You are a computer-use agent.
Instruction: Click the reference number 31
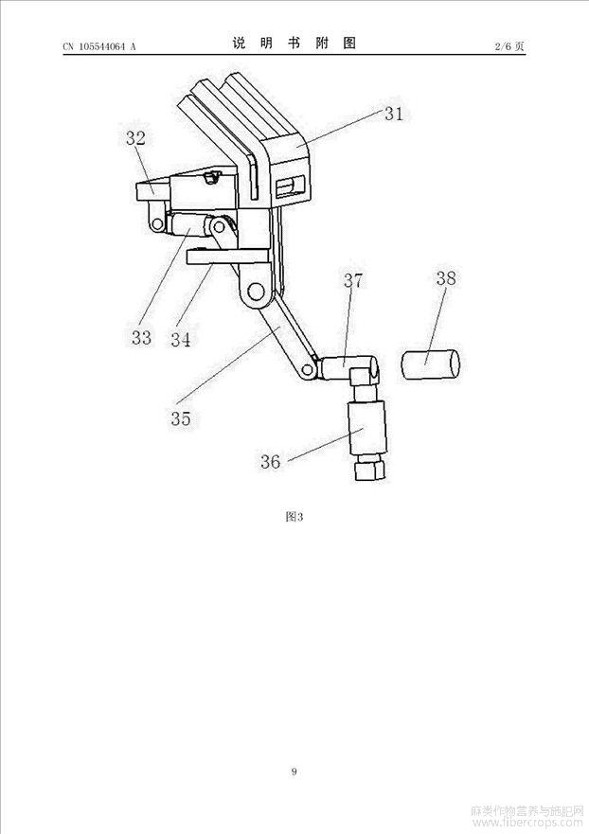tap(393, 114)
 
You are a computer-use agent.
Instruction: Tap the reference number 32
tap(135, 138)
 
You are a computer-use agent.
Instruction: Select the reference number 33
tap(141, 336)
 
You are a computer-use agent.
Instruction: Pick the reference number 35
tap(181, 418)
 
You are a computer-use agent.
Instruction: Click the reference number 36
tap(271, 461)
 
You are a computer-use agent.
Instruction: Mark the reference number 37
tap(353, 280)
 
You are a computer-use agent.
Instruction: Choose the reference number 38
tap(446, 278)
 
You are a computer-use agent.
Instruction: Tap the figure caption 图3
tap(294, 517)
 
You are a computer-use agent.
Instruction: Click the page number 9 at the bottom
tap(294, 772)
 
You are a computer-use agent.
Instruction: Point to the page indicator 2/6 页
tap(510, 45)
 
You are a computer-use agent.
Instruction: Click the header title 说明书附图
tap(294, 44)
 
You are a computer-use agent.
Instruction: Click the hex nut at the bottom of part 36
tap(368, 468)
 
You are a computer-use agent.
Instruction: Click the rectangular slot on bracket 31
tap(290, 186)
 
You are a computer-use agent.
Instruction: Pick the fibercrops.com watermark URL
tap(528, 825)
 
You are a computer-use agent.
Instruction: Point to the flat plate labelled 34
tap(227, 256)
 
